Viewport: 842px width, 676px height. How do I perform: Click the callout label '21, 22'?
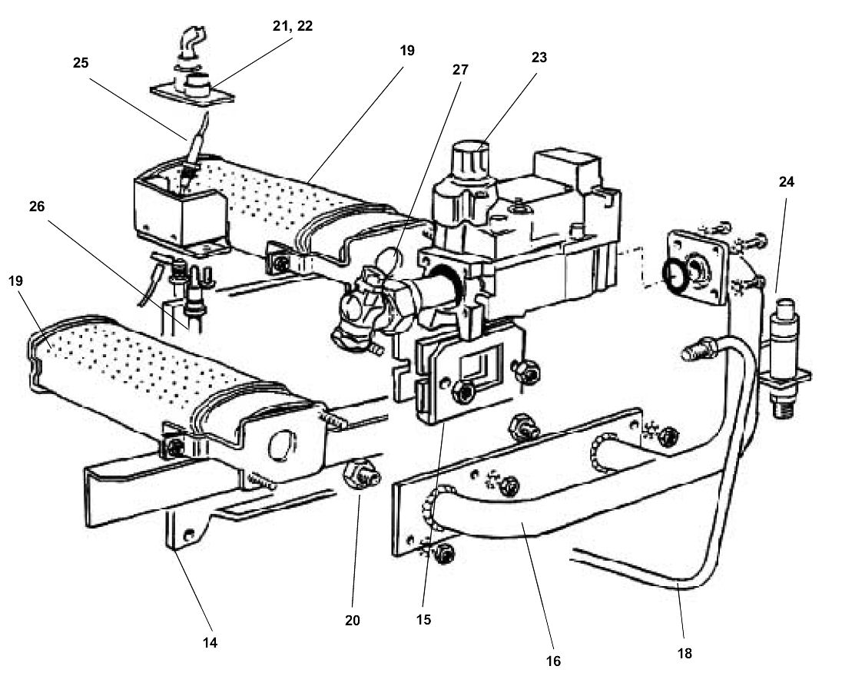pyautogui.click(x=293, y=26)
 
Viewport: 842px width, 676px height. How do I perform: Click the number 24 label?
pyautogui.click(x=786, y=182)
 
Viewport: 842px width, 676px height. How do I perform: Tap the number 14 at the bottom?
pyautogui.click(x=210, y=642)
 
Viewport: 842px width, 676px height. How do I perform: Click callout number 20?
pyautogui.click(x=352, y=619)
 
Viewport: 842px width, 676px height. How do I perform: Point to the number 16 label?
pyautogui.click(x=554, y=660)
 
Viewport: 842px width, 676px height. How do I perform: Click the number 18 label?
pyautogui.click(x=685, y=653)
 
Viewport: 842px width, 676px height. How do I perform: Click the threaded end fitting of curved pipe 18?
pyautogui.click(x=694, y=352)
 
